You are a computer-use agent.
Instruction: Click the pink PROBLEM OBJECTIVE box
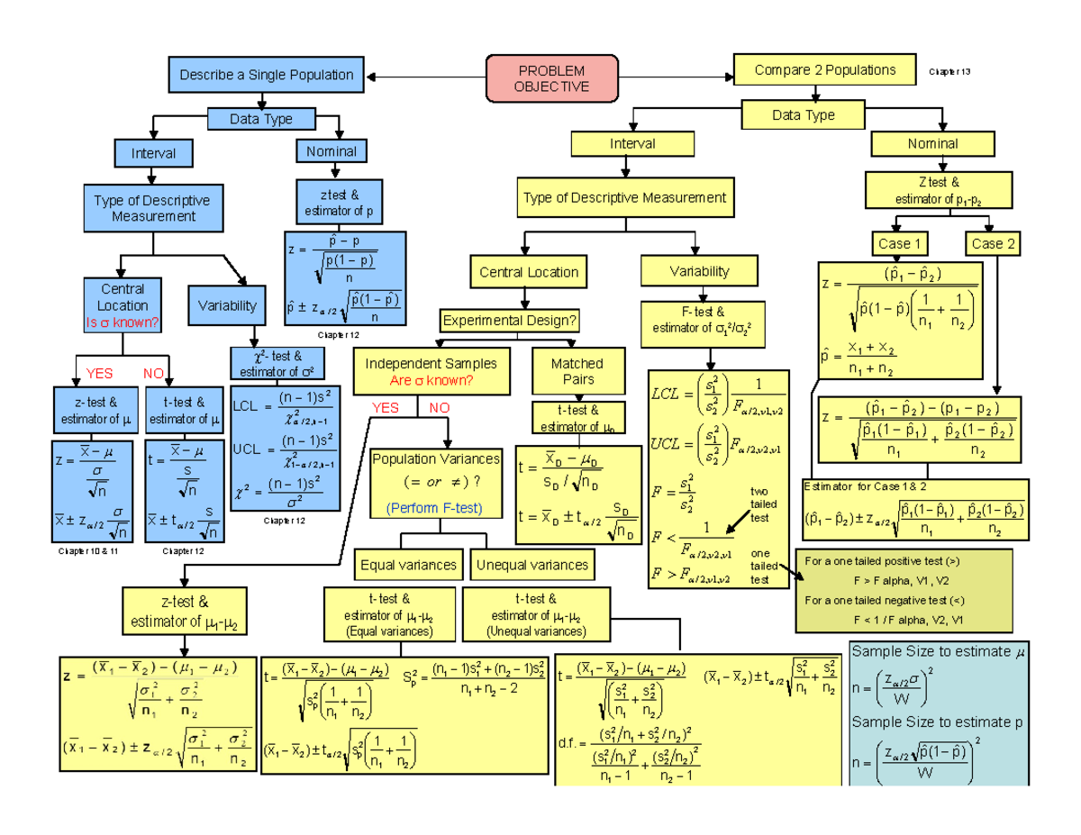pos(551,77)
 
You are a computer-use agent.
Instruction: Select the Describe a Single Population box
pos(266,75)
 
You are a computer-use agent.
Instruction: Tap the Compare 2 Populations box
pos(824,70)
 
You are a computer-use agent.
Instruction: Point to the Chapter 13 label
pos(949,71)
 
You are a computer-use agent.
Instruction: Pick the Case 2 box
pos(993,243)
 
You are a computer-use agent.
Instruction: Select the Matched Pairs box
pos(577,371)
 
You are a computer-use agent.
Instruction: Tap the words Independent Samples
pos(430,364)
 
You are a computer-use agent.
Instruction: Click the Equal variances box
pos(408,565)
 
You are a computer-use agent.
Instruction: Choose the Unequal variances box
pos(531,565)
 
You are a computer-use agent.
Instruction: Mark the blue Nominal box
pos(332,152)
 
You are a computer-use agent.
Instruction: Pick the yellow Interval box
pos(632,144)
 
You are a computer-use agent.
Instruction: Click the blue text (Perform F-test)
pos(434,509)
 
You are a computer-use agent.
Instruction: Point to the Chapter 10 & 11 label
pos(88,550)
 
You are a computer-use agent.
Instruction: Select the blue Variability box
pos(227,305)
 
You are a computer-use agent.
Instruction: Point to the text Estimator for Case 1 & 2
pos(852,486)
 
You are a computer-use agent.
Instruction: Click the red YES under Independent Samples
pos(385,408)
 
